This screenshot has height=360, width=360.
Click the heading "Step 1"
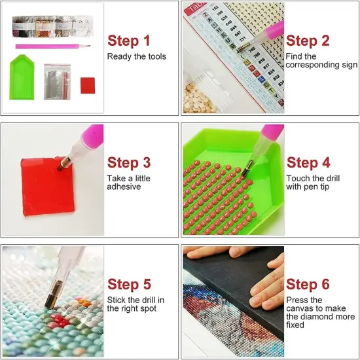[128, 41]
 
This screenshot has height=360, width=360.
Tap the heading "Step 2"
[307, 41]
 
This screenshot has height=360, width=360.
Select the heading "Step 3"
[128, 162]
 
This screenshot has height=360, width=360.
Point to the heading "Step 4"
[307, 162]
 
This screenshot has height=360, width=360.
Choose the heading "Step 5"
[128, 284]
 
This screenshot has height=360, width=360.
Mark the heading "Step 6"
[307, 284]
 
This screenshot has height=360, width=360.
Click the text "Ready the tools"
[136, 57]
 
